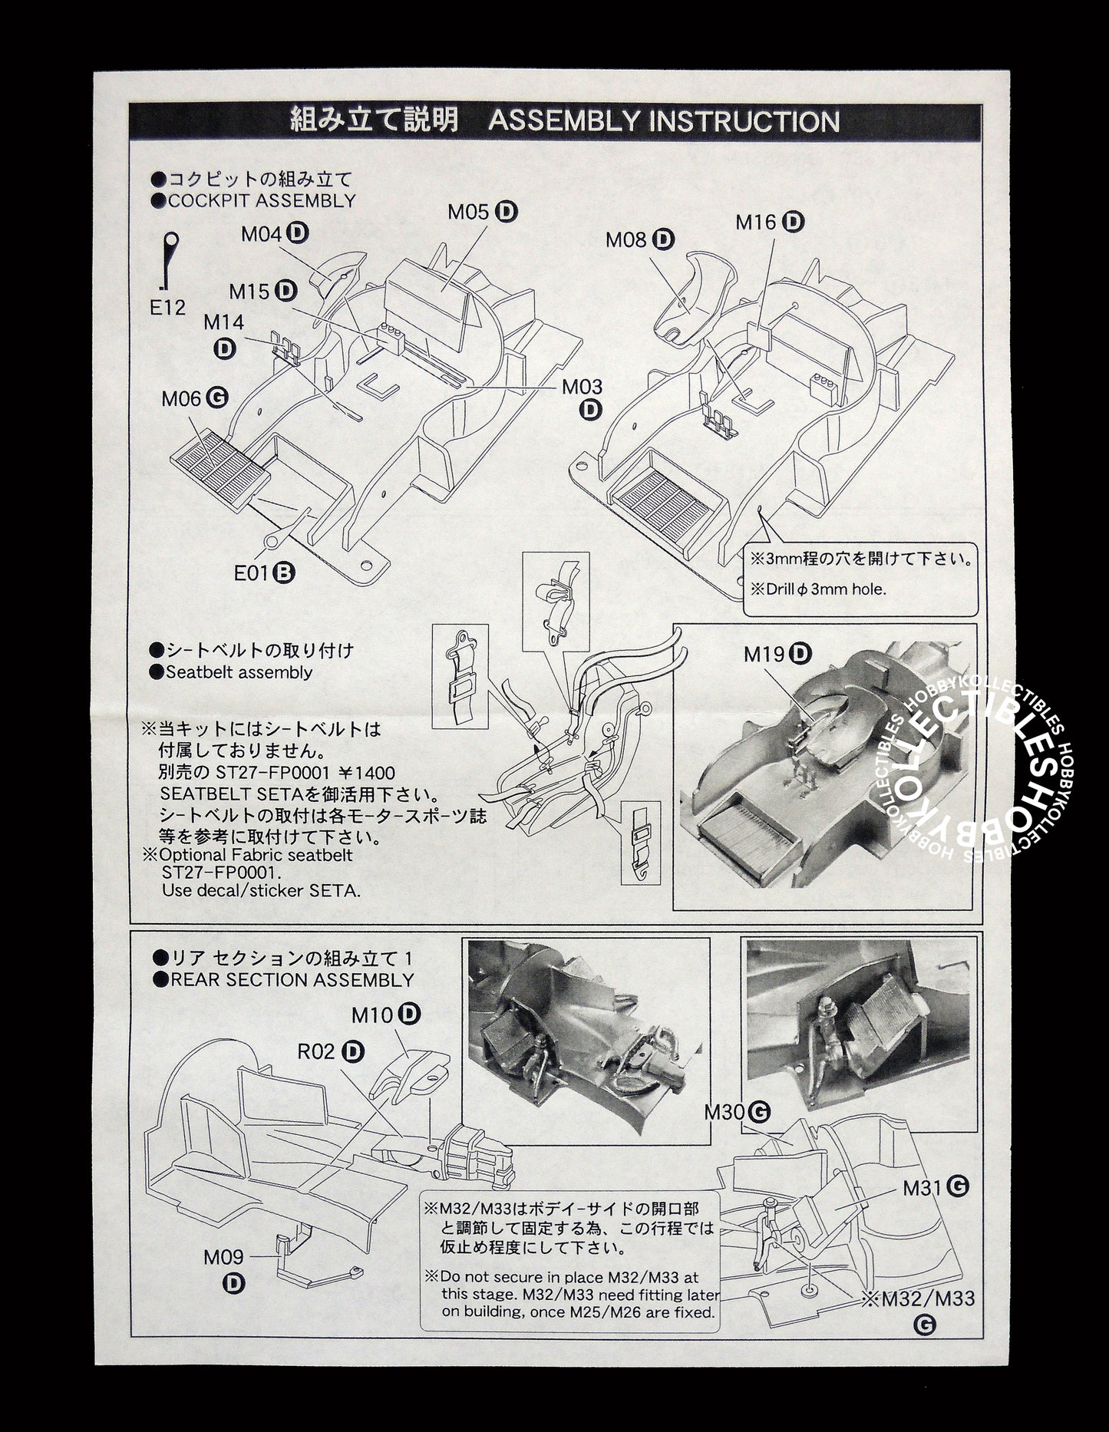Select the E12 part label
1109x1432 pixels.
168,308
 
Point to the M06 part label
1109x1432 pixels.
182,398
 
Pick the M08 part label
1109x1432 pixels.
627,239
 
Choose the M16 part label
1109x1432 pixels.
757,223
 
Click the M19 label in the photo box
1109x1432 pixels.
764,654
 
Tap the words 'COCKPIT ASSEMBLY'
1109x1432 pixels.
262,201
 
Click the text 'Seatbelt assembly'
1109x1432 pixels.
239,672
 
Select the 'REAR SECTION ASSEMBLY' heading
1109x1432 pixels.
292,980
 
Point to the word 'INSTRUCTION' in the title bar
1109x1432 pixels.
744,122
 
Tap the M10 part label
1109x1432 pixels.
372,1015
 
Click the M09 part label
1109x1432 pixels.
223,1257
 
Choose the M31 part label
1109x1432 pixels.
923,1188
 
